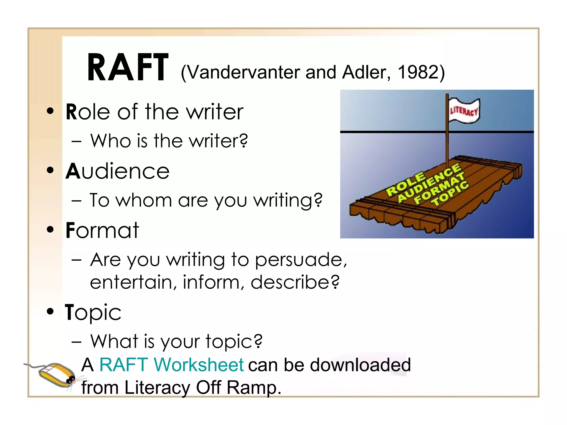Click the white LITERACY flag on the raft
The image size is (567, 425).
point(464,111)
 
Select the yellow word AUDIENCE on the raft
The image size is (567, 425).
point(429,183)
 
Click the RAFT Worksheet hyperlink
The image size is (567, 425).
point(171,365)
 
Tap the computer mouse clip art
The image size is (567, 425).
point(55,375)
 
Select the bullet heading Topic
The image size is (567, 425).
point(93,312)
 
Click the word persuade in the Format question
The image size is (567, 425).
point(298,260)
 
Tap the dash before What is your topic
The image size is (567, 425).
point(76,342)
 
